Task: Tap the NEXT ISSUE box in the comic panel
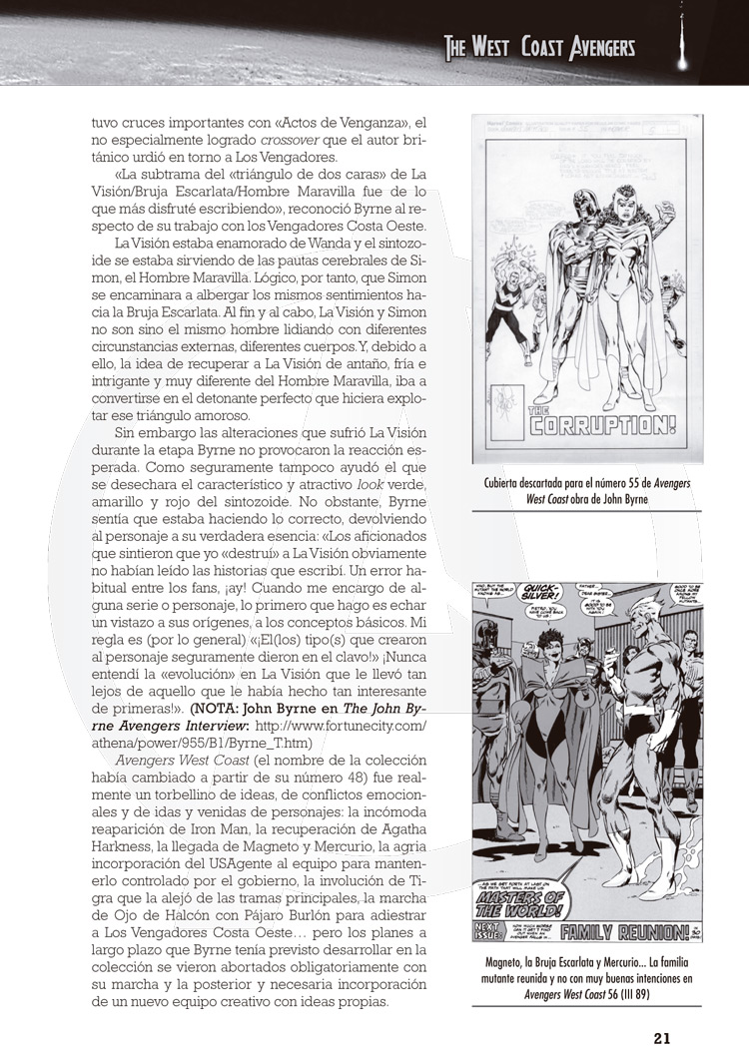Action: [497, 932]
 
